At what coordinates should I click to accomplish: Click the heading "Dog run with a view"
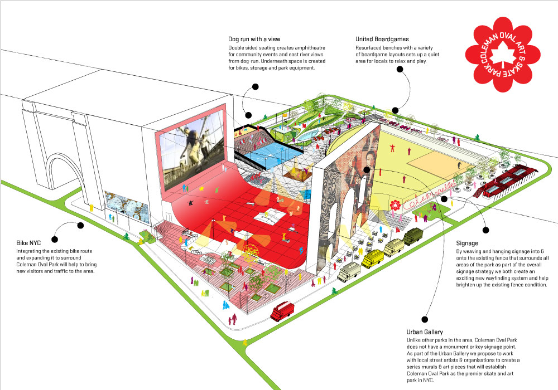(254, 39)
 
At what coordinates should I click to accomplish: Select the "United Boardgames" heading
(382, 39)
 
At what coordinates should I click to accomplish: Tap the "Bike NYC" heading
(28, 243)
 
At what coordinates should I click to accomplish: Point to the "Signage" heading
(467, 243)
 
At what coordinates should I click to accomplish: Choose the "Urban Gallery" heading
(425, 332)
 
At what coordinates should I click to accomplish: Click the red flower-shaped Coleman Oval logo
(503, 55)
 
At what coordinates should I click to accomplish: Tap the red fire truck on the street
(282, 310)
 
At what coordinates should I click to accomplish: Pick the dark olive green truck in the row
(413, 236)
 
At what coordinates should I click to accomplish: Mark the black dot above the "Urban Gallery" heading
(425, 319)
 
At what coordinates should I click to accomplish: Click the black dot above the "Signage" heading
(486, 230)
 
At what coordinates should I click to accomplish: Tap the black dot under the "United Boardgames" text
(400, 69)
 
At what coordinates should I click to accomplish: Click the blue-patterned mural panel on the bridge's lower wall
(127, 207)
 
